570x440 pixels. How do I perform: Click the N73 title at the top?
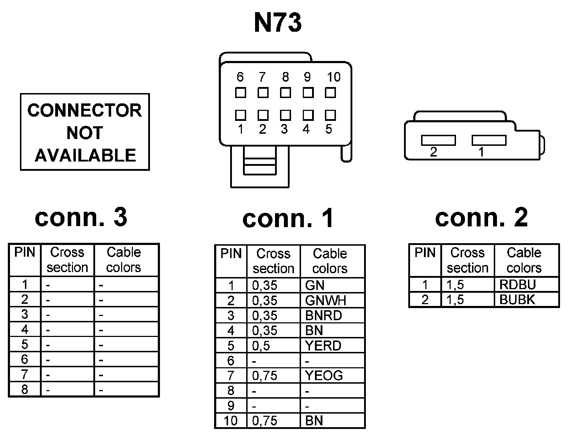click(278, 23)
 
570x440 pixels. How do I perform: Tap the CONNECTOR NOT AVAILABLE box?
click(85, 132)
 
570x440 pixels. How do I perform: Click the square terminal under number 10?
click(330, 93)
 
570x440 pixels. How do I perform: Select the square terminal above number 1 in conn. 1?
click(240, 115)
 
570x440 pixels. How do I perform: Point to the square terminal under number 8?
click(285, 93)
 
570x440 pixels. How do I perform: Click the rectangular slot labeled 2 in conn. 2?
click(438, 140)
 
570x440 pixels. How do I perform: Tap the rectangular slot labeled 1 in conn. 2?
click(489, 140)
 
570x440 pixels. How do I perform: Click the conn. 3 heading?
click(81, 217)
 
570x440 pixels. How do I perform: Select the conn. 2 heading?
click(481, 217)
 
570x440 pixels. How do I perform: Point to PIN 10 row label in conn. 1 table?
click(230, 421)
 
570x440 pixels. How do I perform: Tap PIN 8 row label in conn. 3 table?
click(25, 389)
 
